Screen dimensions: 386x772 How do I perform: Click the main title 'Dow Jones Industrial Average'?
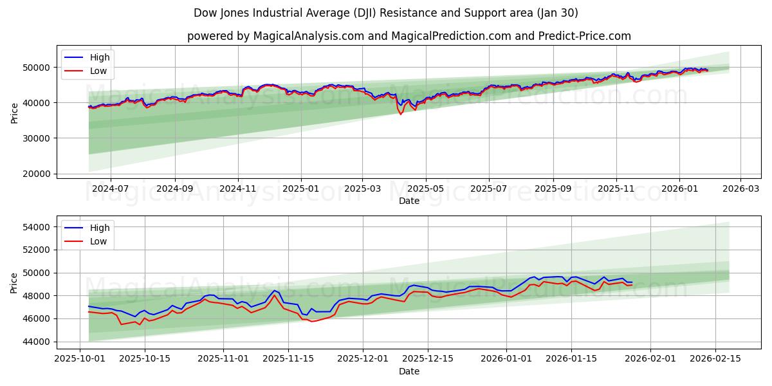click(x=386, y=13)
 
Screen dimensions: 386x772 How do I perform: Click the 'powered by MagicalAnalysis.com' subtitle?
click(x=409, y=36)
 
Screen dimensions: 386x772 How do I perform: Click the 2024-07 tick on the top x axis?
click(x=110, y=188)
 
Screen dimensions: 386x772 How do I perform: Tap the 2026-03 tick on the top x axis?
click(x=740, y=188)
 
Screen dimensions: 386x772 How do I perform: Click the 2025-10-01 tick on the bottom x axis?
click(x=80, y=359)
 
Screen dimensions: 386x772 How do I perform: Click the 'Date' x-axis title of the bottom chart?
click(x=409, y=371)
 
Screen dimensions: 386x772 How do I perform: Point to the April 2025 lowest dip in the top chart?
click(x=401, y=114)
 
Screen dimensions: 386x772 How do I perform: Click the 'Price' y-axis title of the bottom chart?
click(x=15, y=282)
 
